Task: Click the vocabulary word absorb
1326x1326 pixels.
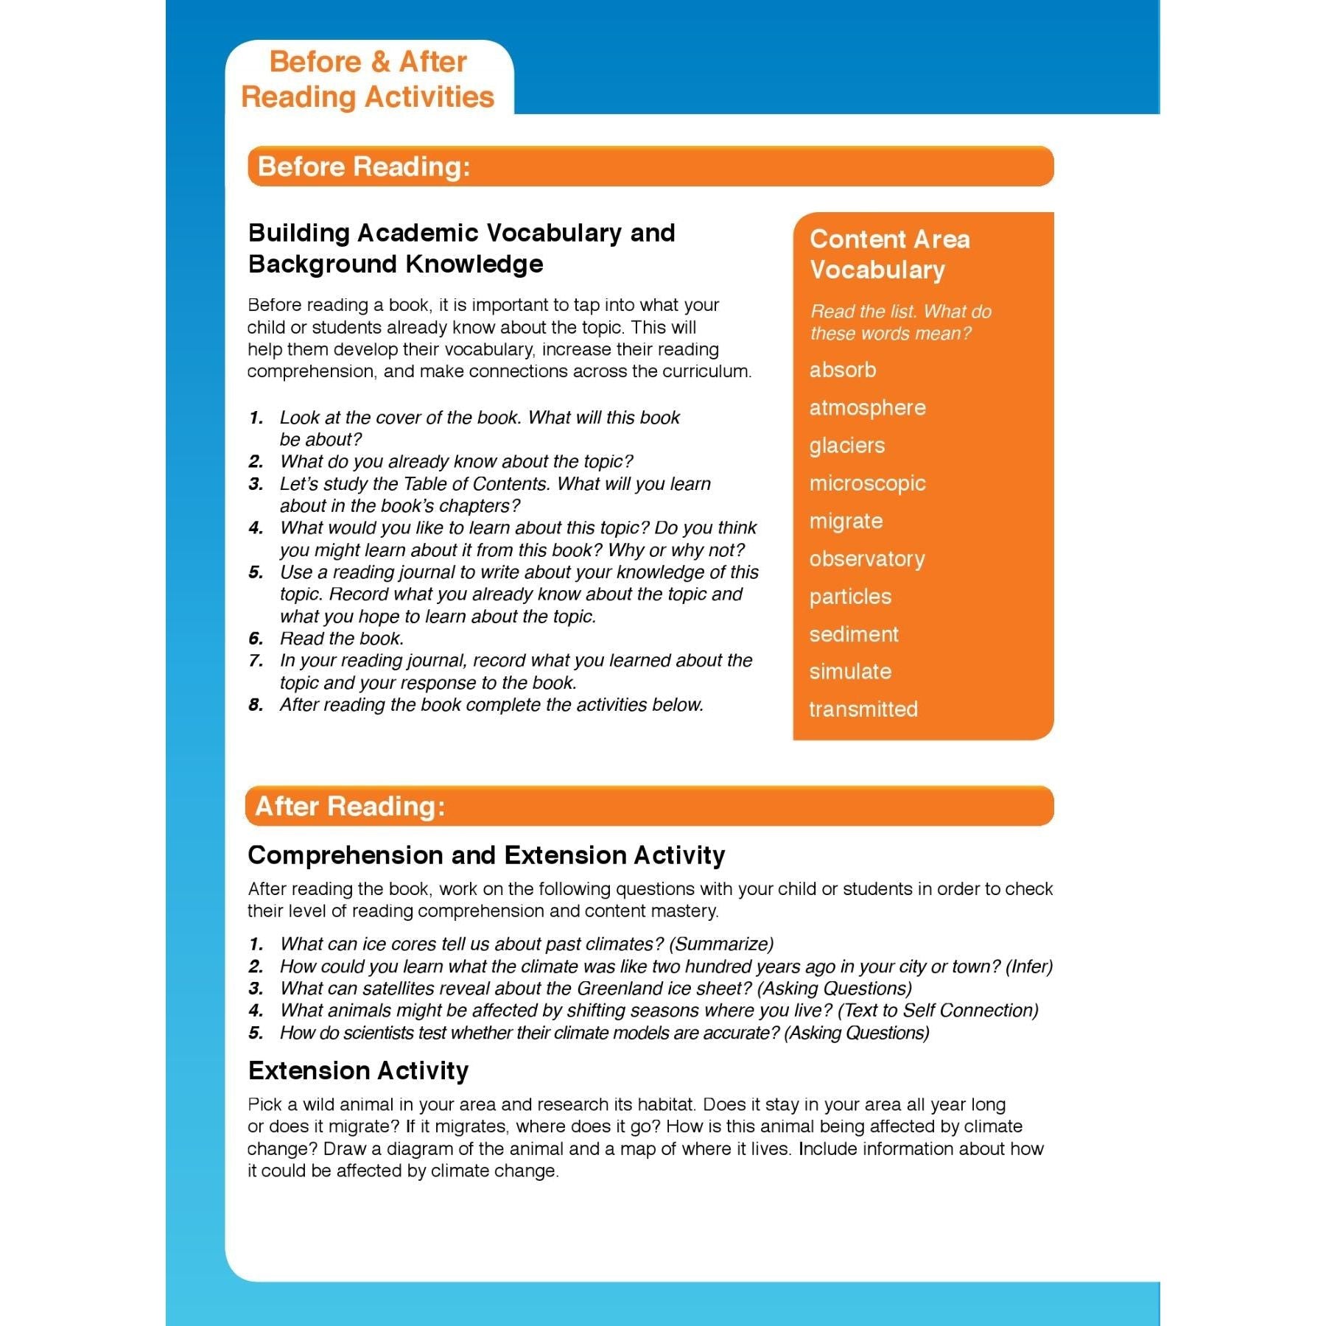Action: pos(843,370)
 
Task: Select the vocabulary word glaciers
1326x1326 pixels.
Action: pos(847,446)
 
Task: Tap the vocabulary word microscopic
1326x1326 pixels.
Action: pos(867,483)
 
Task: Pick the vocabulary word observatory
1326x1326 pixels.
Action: pos(867,559)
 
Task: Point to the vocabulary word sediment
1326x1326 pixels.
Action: pos(854,634)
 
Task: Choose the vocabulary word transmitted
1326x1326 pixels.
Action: pos(863,709)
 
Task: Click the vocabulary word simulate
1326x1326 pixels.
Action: pos(850,672)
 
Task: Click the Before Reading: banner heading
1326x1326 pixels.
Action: pos(364,166)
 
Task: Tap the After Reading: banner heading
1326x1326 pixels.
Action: pos(350,807)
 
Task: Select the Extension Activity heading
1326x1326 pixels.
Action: pos(358,1070)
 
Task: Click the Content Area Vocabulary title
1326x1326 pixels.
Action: pos(889,254)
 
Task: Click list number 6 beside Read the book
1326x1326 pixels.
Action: pos(256,639)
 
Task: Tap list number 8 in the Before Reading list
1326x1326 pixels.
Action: pos(256,705)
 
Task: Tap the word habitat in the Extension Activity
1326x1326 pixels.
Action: pos(661,1105)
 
